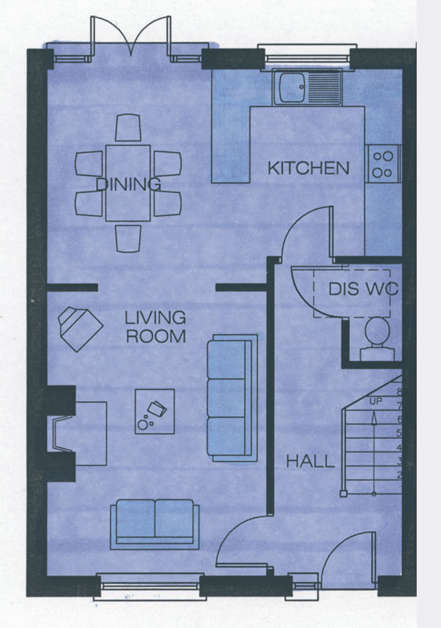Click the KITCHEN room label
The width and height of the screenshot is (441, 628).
pos(308,168)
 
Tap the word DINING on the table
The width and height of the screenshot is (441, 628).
pos(129,184)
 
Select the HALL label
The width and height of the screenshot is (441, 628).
pos(311,462)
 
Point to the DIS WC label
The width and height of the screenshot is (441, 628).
pos(363,288)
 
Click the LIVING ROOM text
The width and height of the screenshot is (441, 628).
pos(155,327)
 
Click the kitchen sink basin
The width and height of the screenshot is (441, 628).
pos(292,87)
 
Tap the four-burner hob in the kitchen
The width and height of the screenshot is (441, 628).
pos(382,165)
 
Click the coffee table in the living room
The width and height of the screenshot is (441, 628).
pos(155,411)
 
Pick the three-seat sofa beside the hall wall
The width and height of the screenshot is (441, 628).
pos(232,398)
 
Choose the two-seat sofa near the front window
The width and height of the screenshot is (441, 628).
pos(155,524)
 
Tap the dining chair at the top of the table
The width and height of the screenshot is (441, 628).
pos(128,127)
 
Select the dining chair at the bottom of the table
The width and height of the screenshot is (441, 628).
pos(128,239)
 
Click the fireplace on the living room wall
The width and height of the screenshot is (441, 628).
pos(76,434)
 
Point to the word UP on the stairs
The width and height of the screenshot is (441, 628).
pos(375,401)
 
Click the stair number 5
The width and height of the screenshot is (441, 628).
pos(399,433)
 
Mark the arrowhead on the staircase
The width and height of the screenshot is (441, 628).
pos(374,418)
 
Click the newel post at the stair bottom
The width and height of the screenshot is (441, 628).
pos(344,494)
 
